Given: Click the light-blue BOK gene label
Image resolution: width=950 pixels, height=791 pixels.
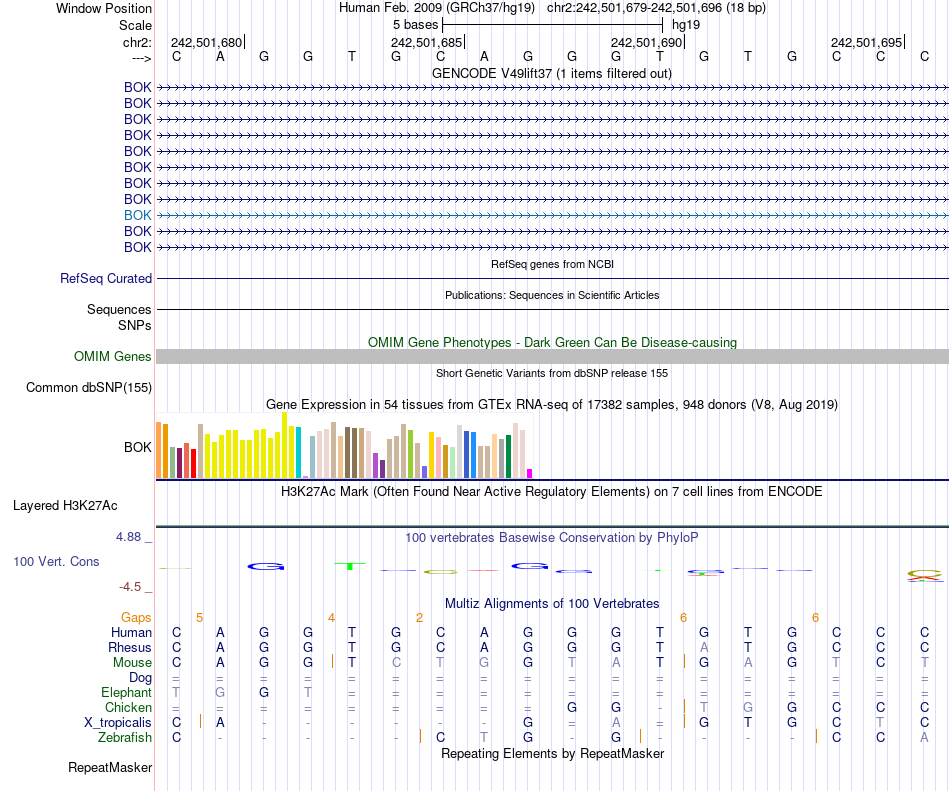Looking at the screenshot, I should [x=138, y=215].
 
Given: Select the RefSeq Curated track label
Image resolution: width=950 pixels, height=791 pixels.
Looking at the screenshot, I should [x=106, y=279].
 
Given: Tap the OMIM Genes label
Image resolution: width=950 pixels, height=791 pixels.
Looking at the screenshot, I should [x=113, y=356].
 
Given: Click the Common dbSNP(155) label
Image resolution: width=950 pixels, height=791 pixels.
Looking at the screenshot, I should [x=89, y=388].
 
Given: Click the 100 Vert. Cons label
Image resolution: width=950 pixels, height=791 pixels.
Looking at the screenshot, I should [x=56, y=562].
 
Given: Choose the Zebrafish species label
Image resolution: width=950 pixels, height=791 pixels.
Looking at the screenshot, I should [x=125, y=737].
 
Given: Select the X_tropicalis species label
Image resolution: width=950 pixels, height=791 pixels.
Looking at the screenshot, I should [x=118, y=722].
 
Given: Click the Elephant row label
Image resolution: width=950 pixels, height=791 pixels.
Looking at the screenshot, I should [x=126, y=692].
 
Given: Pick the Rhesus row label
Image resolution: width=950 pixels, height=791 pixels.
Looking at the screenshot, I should [x=130, y=647].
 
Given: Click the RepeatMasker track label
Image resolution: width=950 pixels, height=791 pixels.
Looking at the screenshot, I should [x=110, y=768].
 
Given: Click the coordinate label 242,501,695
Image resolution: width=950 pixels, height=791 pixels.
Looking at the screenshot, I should [x=866, y=43].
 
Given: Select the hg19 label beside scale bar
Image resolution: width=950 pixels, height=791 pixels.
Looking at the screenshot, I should [x=686, y=23].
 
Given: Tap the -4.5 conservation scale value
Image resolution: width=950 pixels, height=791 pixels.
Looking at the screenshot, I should [x=131, y=587].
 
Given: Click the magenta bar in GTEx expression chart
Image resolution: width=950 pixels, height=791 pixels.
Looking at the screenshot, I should [x=530, y=473].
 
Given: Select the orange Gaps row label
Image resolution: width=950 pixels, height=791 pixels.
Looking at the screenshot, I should [x=136, y=617].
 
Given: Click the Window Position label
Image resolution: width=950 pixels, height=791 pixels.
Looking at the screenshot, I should [x=104, y=8].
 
